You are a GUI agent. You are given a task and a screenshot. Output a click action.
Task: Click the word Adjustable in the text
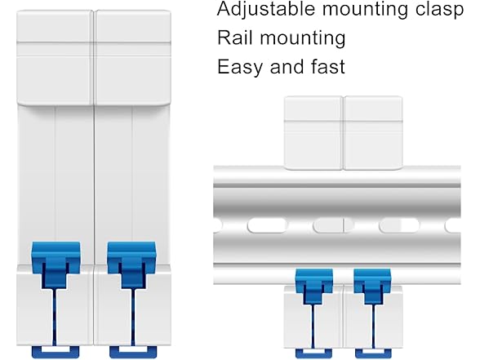(266, 10)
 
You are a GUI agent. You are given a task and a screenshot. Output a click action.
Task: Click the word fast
(327, 66)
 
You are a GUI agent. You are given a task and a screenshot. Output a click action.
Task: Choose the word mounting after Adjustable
(365, 10)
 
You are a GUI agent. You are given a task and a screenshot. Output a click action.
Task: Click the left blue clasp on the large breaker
(56, 265)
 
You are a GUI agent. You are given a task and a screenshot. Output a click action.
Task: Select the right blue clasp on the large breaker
(131, 265)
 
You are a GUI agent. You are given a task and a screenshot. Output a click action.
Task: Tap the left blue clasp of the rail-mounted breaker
(313, 287)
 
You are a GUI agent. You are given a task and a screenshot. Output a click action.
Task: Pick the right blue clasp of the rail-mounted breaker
(372, 287)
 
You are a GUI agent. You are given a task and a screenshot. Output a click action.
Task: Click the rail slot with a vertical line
(333, 225)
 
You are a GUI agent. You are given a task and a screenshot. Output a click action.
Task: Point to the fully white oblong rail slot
(267, 225)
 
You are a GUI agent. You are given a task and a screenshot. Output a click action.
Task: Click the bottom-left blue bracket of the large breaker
(56, 353)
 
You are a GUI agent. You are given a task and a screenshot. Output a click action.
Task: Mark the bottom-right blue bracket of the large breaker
(133, 353)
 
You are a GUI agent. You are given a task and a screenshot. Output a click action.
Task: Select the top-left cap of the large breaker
(55, 58)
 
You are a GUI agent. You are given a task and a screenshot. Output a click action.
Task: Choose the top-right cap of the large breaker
(132, 58)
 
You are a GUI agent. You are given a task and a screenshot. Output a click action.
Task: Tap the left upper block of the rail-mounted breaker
(313, 133)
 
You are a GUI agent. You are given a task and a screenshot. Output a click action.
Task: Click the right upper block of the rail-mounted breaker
(373, 133)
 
